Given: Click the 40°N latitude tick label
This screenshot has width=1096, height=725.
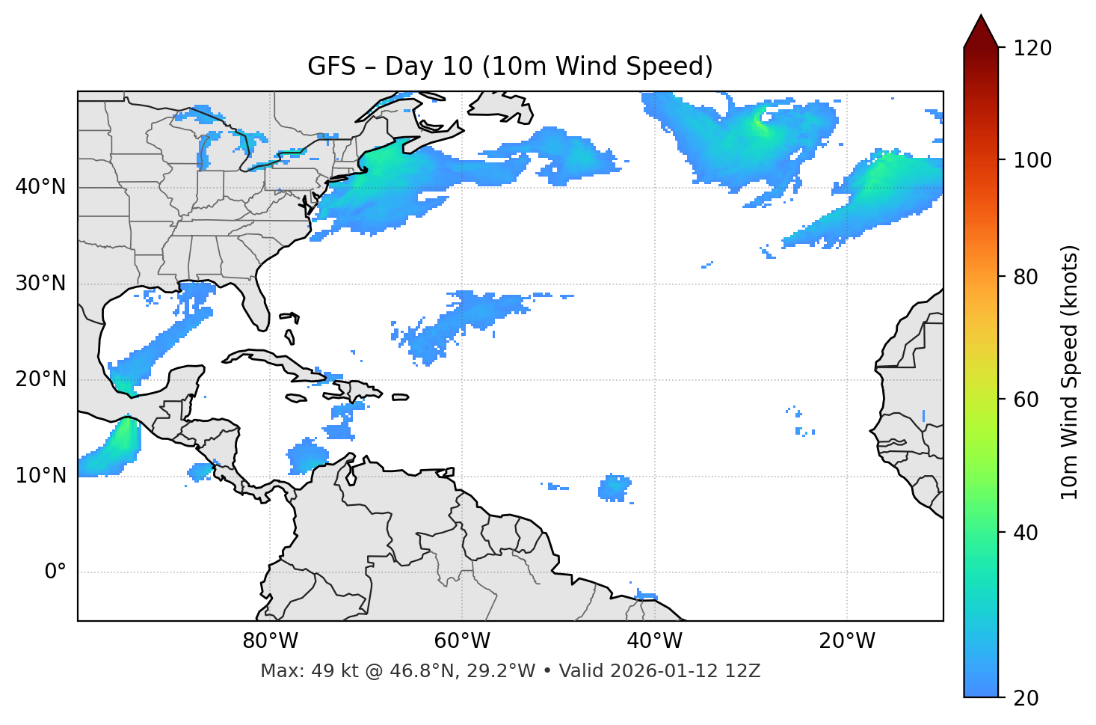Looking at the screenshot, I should click(x=40, y=187).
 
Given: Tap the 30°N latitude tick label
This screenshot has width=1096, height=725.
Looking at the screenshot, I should click(x=40, y=284).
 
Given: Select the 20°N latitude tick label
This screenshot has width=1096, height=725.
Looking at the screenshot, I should click(x=40, y=379).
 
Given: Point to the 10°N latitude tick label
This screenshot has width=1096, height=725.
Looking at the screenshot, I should click(x=40, y=476).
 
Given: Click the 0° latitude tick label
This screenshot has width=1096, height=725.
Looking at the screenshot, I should click(x=55, y=572).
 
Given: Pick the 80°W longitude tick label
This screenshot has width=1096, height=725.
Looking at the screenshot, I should click(x=270, y=641).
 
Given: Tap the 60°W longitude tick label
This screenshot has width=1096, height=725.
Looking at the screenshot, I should click(x=462, y=641).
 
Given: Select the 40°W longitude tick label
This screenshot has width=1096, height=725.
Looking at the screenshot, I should click(x=654, y=641).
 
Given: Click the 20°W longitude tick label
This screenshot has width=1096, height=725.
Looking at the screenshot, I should click(x=847, y=641).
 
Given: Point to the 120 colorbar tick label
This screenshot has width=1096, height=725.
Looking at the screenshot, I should click(x=1032, y=49).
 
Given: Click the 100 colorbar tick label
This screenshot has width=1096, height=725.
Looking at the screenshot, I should click(x=1032, y=160).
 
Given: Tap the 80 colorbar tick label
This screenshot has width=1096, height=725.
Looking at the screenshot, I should click(x=1026, y=277).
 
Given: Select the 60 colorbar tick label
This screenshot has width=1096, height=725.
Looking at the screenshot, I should click(x=1026, y=400).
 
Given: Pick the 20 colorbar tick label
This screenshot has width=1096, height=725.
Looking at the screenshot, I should click(x=1026, y=698).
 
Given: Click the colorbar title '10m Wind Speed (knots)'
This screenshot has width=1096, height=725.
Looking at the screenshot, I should click(x=1070, y=372).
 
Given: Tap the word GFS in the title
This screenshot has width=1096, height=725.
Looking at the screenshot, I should click(x=331, y=67).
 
